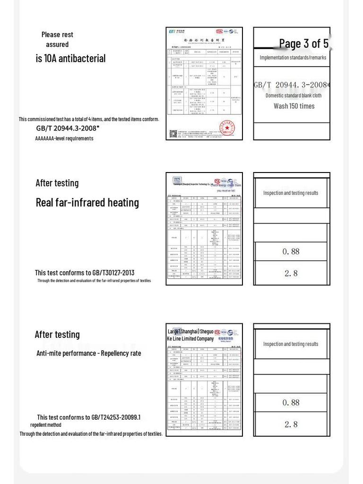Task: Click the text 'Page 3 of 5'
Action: tap(303, 44)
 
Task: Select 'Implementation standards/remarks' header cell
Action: tap(293, 58)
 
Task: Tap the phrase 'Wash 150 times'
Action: tap(294, 106)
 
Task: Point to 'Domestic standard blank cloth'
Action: tap(293, 95)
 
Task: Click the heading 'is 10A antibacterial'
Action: tap(70, 59)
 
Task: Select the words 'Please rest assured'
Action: tap(57, 39)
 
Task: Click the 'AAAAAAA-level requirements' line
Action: tap(64, 138)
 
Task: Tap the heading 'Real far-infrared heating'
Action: tap(87, 203)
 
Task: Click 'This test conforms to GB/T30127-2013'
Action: tap(85, 273)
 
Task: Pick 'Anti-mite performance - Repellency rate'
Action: tap(88, 353)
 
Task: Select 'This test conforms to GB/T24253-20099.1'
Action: tap(88, 417)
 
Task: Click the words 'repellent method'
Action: tap(46, 425)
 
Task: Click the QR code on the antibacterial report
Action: tap(173, 134)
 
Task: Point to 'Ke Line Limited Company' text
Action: tap(190, 339)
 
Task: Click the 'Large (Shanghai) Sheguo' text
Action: tap(190, 331)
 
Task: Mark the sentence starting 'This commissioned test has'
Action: tap(89, 119)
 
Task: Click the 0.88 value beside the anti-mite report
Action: tap(291, 403)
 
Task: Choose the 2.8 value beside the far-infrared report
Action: tap(291, 273)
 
